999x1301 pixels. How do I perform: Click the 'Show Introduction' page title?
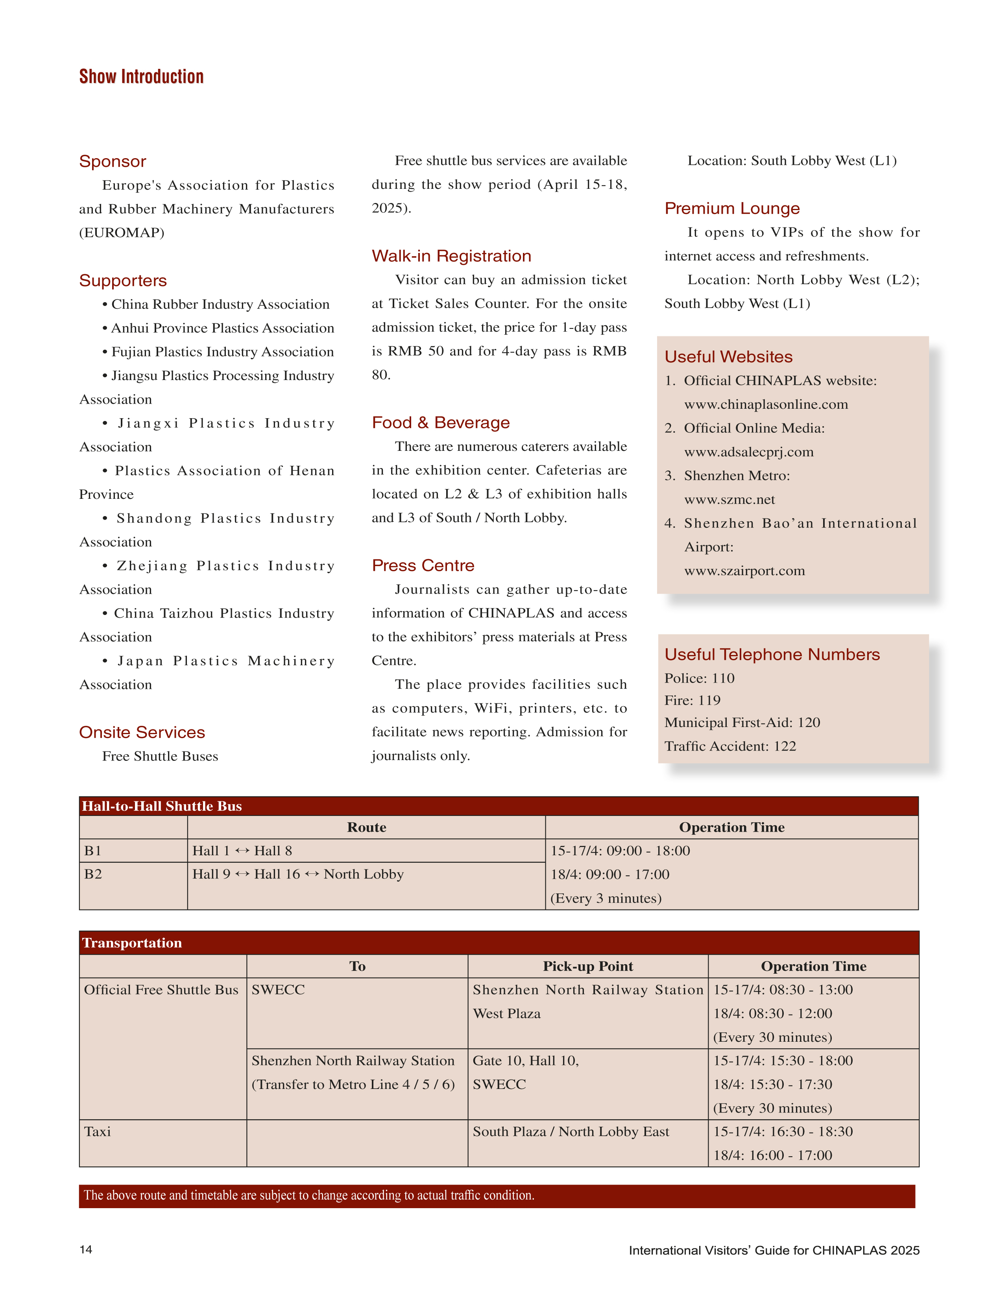(142, 77)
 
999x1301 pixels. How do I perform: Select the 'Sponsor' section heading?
(113, 161)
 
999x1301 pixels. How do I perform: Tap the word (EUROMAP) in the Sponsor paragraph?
(122, 233)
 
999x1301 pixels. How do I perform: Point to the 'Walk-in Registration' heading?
(451, 256)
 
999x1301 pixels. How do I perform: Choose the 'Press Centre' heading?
(423, 565)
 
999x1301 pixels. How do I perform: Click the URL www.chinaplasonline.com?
(766, 404)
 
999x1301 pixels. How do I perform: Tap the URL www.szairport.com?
(744, 571)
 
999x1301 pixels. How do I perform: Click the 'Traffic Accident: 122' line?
(730, 746)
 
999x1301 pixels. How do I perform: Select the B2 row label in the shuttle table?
(93, 874)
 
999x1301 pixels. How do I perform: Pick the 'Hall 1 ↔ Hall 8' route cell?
(242, 851)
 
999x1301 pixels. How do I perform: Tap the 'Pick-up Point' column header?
(587, 966)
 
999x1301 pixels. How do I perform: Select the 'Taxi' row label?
(98, 1131)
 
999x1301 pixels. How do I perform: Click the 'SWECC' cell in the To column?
(278, 990)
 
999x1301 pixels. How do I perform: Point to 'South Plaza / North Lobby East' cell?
(571, 1131)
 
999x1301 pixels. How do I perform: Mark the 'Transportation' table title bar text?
(132, 943)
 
